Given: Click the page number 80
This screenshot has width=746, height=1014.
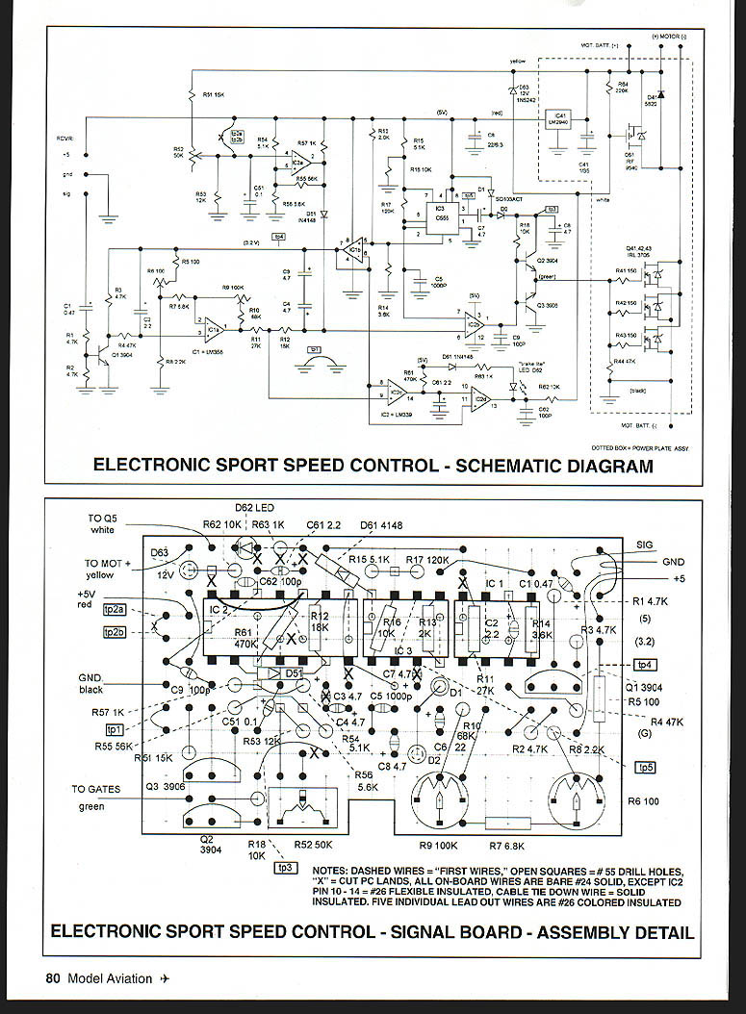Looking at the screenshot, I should pos(53,978).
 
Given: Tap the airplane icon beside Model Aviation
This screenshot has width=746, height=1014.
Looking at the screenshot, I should pos(165,978).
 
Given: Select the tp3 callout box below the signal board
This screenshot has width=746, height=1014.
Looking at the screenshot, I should pos(284,869).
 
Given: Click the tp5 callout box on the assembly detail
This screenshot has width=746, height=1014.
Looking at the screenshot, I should pos(645,767).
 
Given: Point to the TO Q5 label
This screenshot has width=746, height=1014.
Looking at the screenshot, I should pos(103,517).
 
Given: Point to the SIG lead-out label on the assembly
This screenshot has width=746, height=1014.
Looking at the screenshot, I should pos(645,545).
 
